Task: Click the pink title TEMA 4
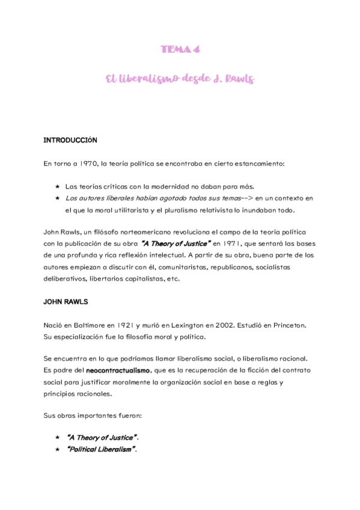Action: [x=180, y=50]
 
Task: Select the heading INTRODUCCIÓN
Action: [x=70, y=140]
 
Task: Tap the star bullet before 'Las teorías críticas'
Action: [x=57, y=186]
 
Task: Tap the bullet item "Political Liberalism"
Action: [x=100, y=449]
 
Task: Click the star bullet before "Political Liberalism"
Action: [x=57, y=449]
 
